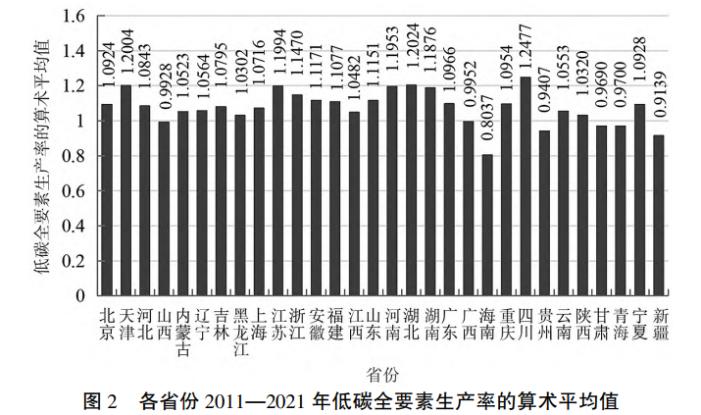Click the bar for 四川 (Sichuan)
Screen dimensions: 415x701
[x=526, y=186]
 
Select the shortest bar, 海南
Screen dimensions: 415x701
[x=487, y=225]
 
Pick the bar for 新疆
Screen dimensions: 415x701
[x=659, y=215]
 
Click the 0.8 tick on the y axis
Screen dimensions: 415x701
[x=75, y=156]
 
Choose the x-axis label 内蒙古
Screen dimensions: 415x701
[x=182, y=331]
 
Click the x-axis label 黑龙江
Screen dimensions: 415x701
[x=239, y=331]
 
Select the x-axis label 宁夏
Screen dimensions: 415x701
[x=639, y=323]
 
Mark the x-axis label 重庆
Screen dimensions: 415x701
[x=507, y=323]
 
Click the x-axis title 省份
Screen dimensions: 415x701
[x=381, y=374]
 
